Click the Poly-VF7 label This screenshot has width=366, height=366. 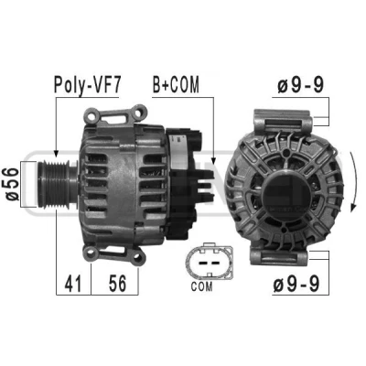point(88,85)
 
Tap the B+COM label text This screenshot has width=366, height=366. point(176,84)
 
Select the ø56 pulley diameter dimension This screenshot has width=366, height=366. point(12,184)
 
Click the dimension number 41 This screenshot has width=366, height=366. point(73,284)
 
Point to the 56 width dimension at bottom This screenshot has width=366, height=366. point(117,283)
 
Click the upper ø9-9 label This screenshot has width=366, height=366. point(300,85)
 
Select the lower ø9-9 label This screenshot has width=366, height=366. point(296,284)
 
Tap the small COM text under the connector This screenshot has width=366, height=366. point(201,286)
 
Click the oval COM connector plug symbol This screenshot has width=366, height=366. point(210,262)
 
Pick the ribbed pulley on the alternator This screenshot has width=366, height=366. point(54,184)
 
